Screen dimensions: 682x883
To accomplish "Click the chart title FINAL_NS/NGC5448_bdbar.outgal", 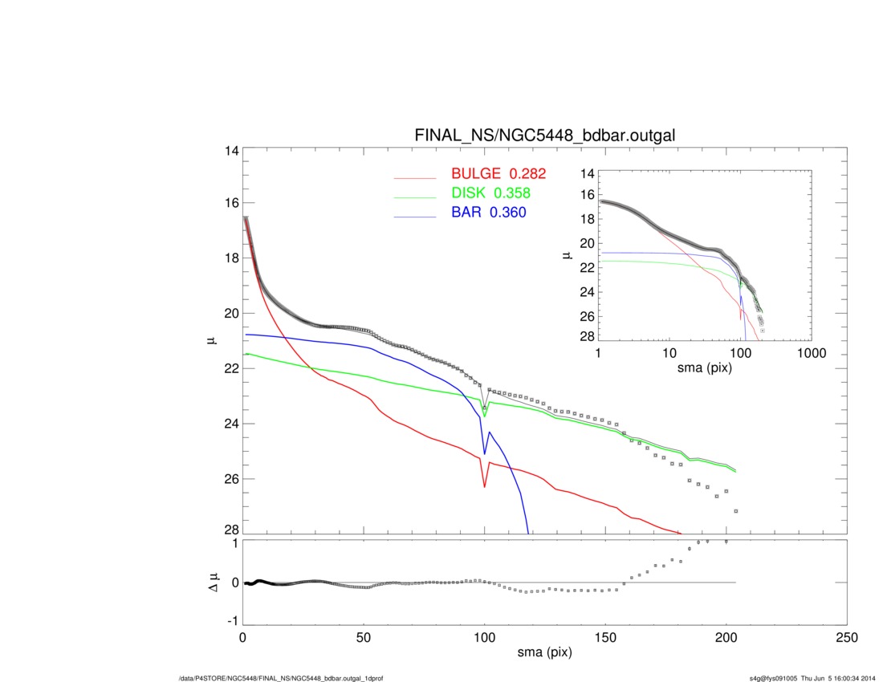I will coord(544,136).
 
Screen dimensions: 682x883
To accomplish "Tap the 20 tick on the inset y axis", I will coord(584,243).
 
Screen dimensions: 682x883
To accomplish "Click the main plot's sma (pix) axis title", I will coord(544,655).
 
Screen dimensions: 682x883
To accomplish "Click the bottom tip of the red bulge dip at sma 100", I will coord(485,486).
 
